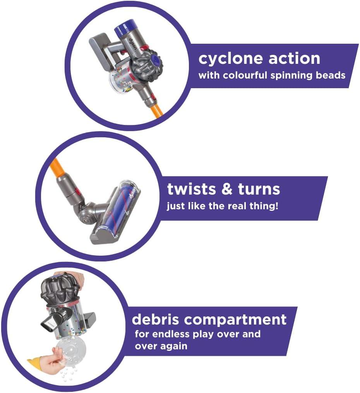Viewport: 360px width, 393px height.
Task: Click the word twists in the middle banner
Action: tap(191, 190)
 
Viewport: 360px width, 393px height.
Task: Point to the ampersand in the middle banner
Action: tap(227, 190)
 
